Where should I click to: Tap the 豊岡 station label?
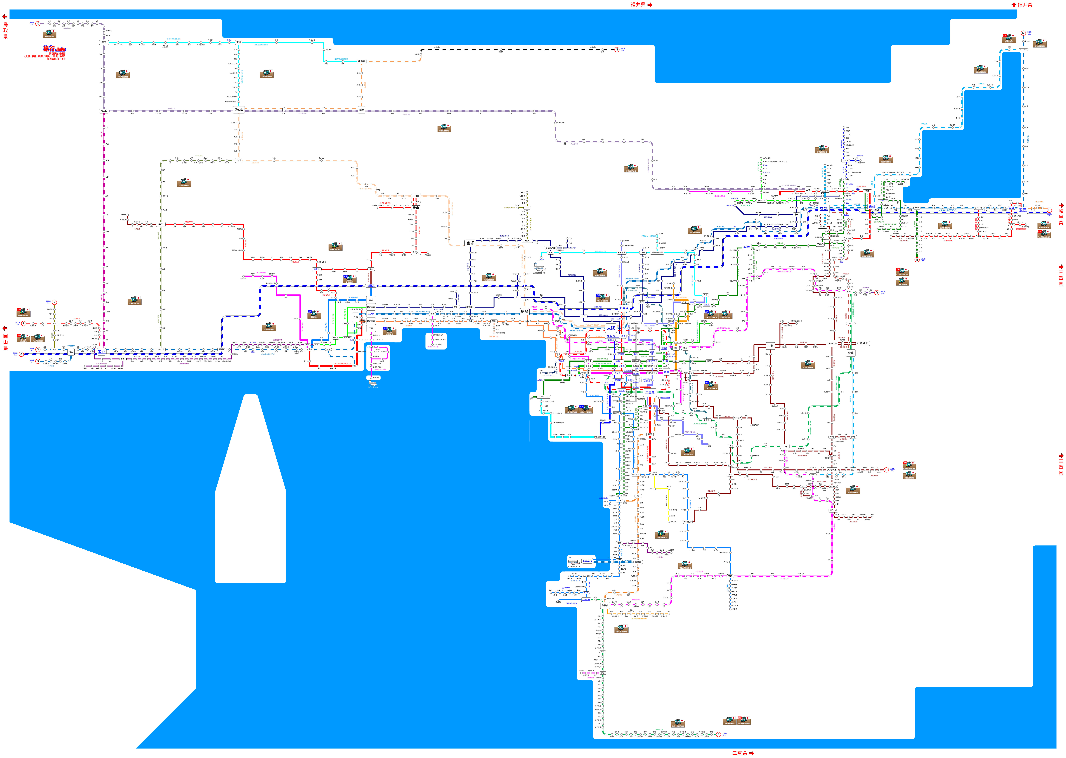click(x=104, y=42)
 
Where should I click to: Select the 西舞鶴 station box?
click(x=362, y=61)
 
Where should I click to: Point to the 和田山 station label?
click(x=104, y=111)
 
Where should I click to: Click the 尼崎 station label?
click(x=525, y=311)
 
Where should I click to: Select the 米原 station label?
click(x=1023, y=210)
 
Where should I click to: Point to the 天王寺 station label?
click(x=650, y=392)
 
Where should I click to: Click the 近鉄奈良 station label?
click(x=862, y=343)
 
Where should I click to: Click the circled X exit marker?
click(x=38, y=23)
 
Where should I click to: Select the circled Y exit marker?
click(x=54, y=302)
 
